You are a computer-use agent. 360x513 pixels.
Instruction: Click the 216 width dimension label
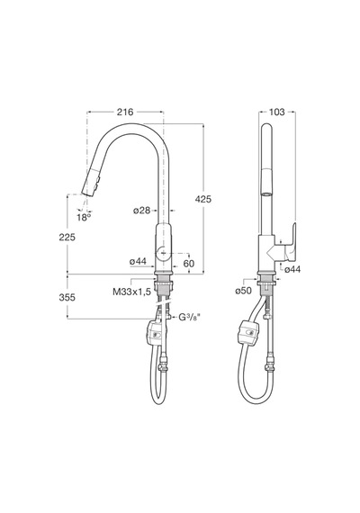coord(125,112)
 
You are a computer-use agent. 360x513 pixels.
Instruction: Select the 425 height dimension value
coord(203,199)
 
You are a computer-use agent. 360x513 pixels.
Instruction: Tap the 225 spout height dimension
coord(67,237)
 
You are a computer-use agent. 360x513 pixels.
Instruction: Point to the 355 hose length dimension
coord(67,297)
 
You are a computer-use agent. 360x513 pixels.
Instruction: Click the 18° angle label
coord(84,217)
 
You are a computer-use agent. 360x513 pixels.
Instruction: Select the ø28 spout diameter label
coord(141,211)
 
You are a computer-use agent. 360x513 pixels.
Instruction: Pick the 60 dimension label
coord(189,264)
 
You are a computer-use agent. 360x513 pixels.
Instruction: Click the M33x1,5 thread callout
coord(132,292)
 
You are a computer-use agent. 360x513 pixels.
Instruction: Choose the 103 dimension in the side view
coord(277,112)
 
